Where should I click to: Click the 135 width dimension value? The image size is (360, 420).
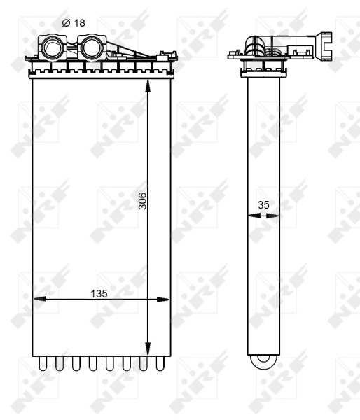click(x=99, y=293)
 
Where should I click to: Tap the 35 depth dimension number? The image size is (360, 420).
click(x=263, y=205)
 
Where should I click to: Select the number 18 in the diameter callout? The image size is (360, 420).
click(x=79, y=22)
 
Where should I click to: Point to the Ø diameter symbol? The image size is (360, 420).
click(x=65, y=22)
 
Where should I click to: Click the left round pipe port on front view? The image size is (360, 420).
click(x=53, y=49)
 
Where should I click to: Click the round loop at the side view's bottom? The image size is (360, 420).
click(x=263, y=361)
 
